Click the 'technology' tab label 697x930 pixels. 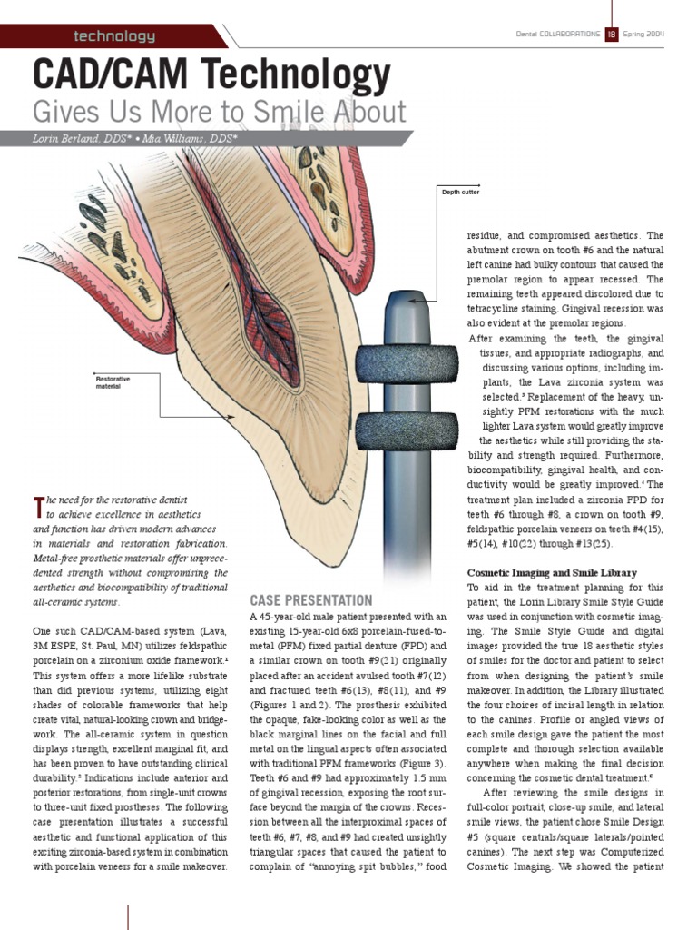point(114,36)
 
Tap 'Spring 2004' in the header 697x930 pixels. point(643,34)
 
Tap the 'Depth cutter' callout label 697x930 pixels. point(460,193)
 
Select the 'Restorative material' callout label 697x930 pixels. point(113,381)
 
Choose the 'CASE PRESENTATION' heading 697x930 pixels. point(310,600)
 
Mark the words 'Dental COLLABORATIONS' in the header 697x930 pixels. point(557,34)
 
